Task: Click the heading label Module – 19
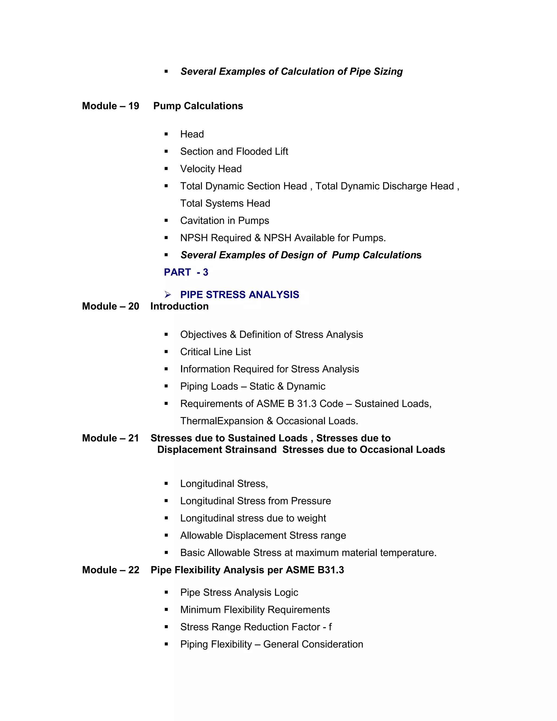coord(110,106)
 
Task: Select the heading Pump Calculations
coord(198,106)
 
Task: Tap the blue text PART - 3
coord(186,272)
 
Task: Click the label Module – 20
coord(110,306)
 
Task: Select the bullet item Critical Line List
coord(215,352)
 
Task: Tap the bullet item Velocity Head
coord(211,169)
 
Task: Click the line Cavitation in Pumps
coord(224,221)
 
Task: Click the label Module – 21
coord(110,438)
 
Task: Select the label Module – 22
coord(110,570)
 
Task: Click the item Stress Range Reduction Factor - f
coord(256,627)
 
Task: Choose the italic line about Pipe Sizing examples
coord(291,72)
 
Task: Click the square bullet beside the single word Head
coord(166,134)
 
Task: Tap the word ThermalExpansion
coord(222,421)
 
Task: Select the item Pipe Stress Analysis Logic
coord(239,593)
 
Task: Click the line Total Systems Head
coord(225,203)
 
